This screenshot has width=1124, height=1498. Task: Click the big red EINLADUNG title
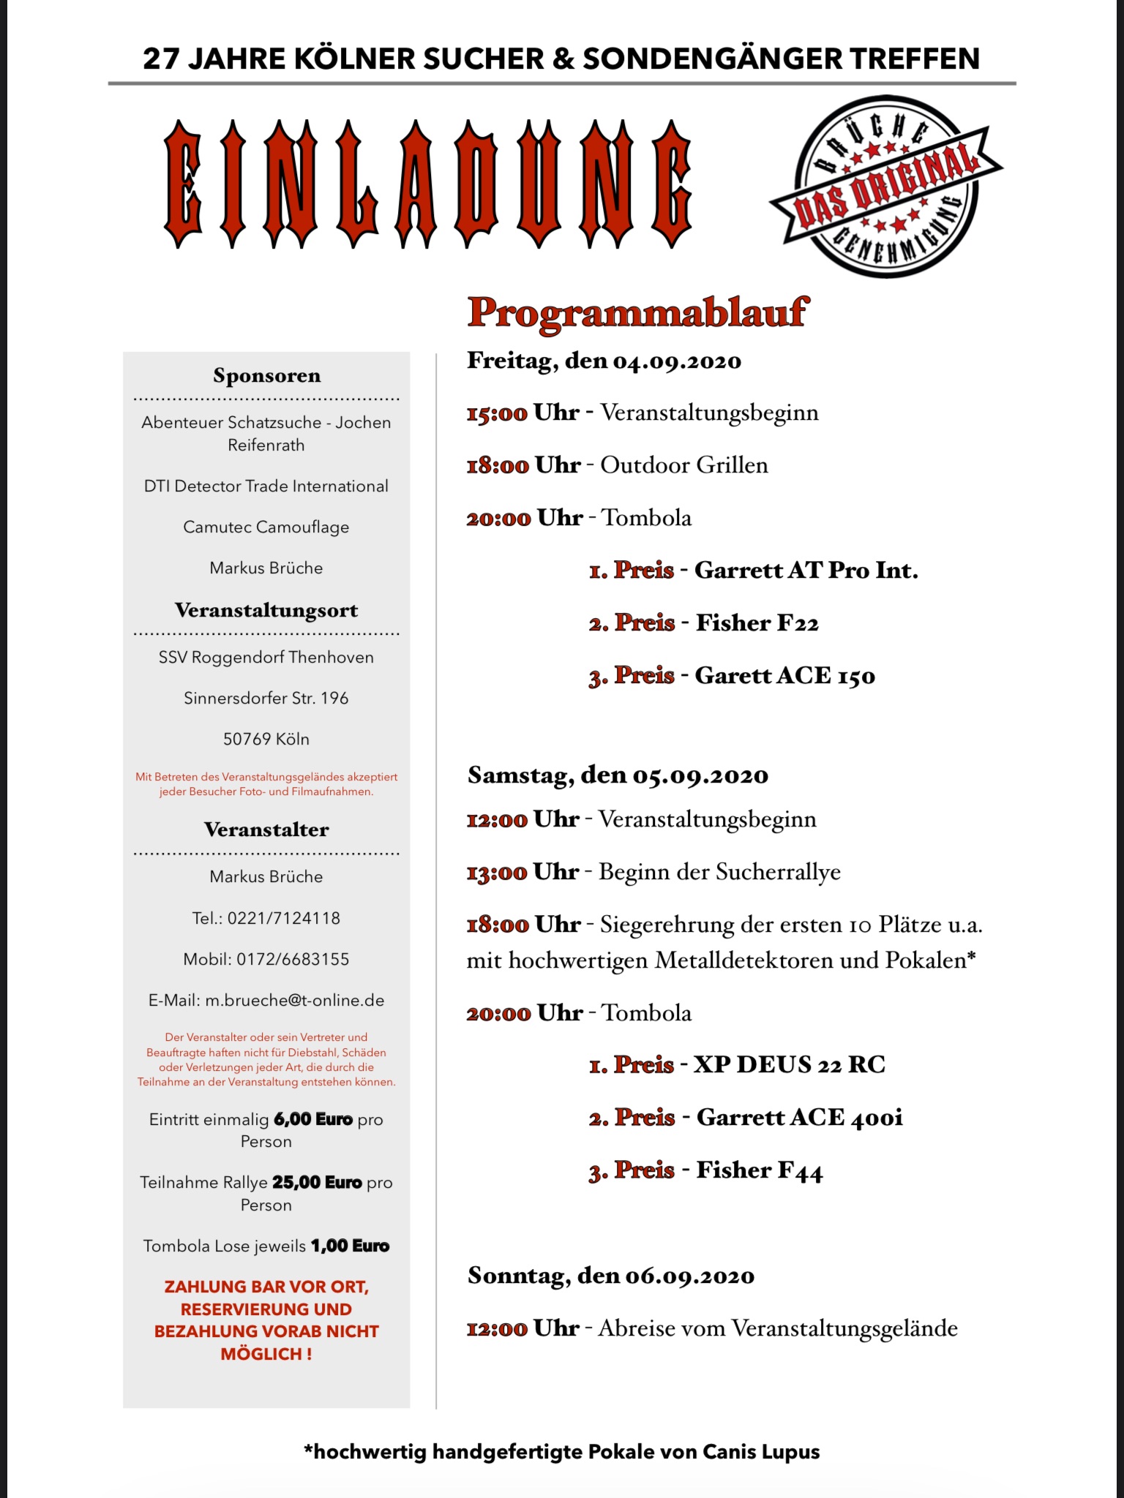pos(427,184)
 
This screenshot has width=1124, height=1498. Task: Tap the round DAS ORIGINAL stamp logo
pos(886,187)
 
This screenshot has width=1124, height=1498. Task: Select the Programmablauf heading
pos(638,313)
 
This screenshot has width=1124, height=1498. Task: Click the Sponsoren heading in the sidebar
pos(266,376)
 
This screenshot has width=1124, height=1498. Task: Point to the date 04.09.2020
pos(677,361)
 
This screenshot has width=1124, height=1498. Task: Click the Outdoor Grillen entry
pos(684,465)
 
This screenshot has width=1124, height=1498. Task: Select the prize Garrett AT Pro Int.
pos(806,570)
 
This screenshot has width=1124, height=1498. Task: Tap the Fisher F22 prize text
pos(757,622)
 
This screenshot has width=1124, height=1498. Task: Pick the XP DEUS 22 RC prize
pos(789,1064)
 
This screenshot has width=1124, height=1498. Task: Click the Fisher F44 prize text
pos(759,1170)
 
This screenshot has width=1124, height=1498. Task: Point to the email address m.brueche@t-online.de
pos(295,1000)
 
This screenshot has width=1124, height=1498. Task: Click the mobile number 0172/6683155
pos(293,959)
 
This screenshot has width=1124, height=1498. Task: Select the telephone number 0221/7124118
pos(284,918)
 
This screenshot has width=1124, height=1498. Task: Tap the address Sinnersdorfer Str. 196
pos(266,698)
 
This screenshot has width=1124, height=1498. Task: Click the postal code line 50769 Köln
pos(266,739)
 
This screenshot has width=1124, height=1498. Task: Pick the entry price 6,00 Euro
pos(313,1119)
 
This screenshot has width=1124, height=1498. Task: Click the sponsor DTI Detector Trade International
pos(266,486)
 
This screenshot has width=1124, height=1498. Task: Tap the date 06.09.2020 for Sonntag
pos(689,1276)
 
